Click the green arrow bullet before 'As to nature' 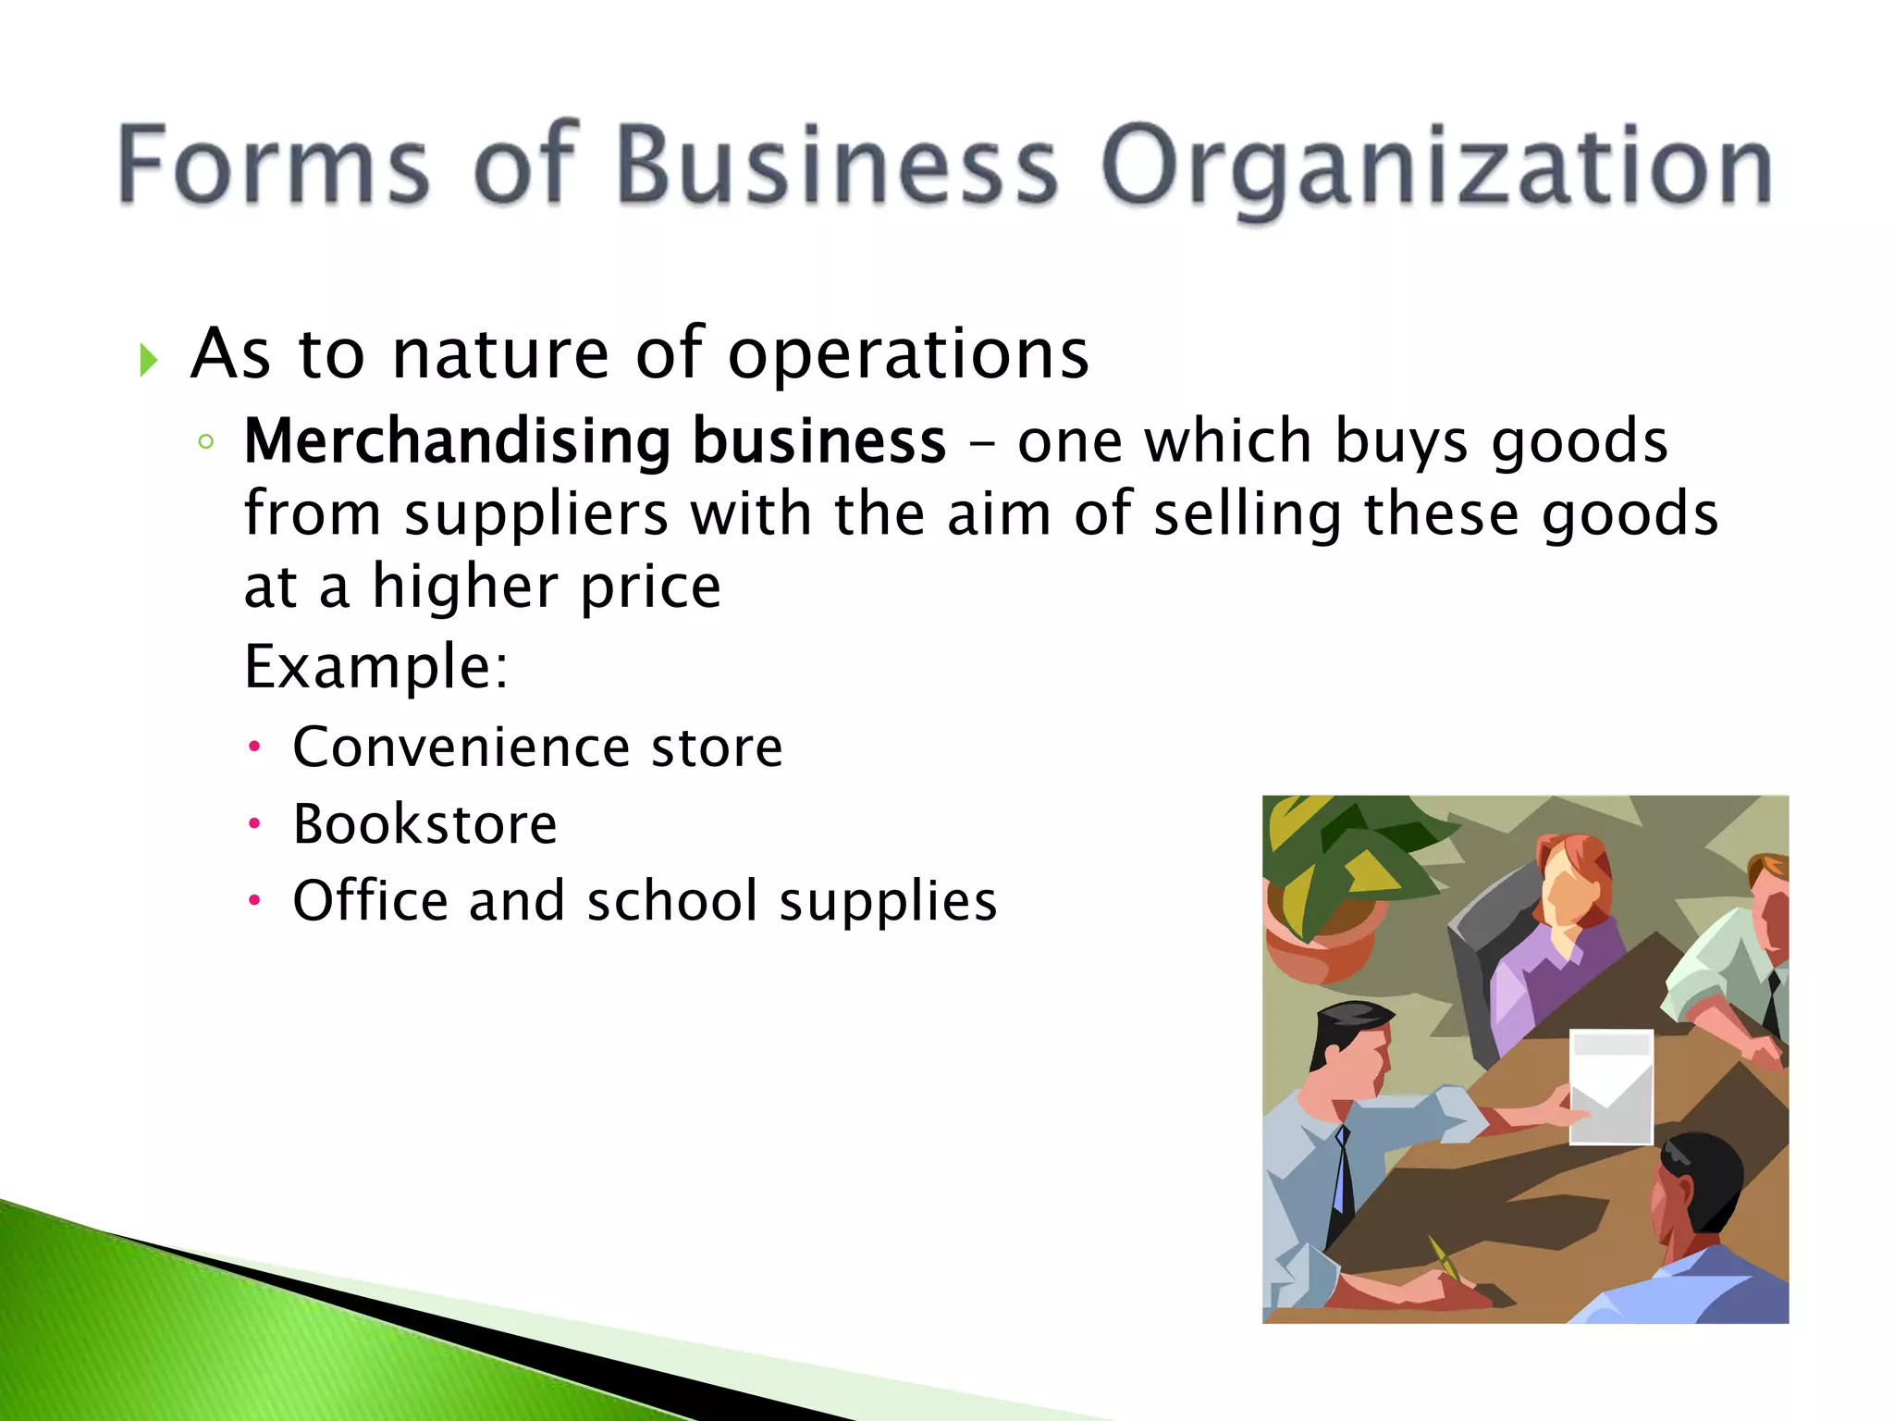[x=148, y=359]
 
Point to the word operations [x=908, y=355]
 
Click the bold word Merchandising [x=457, y=441]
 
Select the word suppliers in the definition [x=535, y=514]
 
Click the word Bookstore [x=424, y=824]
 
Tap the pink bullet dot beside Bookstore [x=255, y=823]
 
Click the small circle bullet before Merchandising [x=205, y=442]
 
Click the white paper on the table [x=1611, y=1084]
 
